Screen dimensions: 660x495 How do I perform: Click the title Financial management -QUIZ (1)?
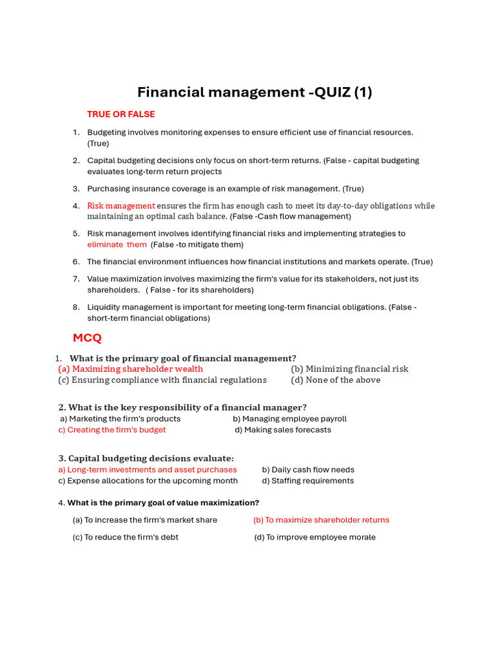[x=255, y=92]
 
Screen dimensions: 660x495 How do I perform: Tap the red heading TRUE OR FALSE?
[x=121, y=114]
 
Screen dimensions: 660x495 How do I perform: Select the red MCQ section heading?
[x=87, y=338]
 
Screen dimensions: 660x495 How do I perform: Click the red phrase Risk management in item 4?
[x=121, y=206]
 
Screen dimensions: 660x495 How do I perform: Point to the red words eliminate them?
[x=117, y=244]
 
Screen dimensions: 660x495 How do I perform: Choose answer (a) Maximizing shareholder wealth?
[x=131, y=369]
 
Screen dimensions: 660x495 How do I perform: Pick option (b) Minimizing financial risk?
[x=349, y=369]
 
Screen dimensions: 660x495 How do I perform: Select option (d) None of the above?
[x=336, y=380]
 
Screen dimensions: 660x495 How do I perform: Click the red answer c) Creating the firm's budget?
[x=112, y=430]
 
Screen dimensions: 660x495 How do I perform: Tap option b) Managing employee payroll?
[x=289, y=419]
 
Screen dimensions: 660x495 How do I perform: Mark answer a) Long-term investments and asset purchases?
[x=148, y=470]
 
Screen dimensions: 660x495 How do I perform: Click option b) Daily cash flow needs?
[x=308, y=470]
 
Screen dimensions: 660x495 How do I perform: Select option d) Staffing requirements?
[x=308, y=481]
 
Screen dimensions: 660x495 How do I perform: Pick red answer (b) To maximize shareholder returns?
[x=321, y=520]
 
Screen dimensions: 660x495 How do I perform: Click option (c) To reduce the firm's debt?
[x=126, y=537]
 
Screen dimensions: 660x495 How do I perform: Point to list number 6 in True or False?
[x=76, y=262]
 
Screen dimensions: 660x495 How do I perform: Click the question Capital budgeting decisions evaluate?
[x=146, y=458]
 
